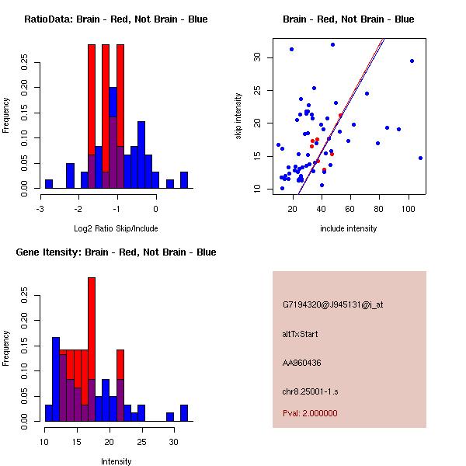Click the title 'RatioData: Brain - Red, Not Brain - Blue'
(116, 19)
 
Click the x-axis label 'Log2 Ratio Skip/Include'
(116, 228)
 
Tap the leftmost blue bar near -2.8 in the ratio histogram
(49, 183)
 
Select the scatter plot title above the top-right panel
(348, 19)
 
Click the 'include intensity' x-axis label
(348, 228)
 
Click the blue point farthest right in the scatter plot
(420, 158)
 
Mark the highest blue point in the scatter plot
(332, 45)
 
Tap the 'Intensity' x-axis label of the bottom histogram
(116, 461)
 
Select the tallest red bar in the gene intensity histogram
(92, 326)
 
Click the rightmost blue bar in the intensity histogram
(184, 413)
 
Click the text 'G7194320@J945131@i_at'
(332, 304)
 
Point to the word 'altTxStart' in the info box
(301, 334)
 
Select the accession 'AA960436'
(302, 363)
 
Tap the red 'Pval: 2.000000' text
(310, 413)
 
